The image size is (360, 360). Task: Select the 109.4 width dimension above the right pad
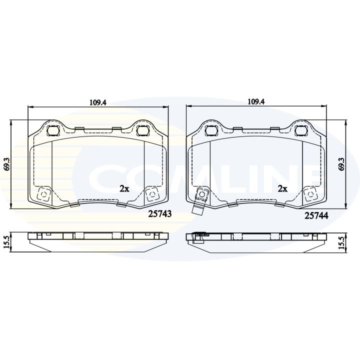click(256, 102)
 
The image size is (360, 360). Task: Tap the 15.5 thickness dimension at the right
click(341, 241)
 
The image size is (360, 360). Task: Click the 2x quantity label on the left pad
click(124, 188)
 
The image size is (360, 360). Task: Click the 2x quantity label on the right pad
click(282, 189)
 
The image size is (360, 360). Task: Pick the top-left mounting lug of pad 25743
click(52, 130)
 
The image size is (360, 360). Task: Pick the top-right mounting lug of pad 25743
click(142, 130)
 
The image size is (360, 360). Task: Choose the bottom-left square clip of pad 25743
click(43, 194)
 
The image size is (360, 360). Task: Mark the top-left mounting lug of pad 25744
click(210, 131)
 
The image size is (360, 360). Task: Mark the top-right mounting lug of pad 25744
click(300, 131)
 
